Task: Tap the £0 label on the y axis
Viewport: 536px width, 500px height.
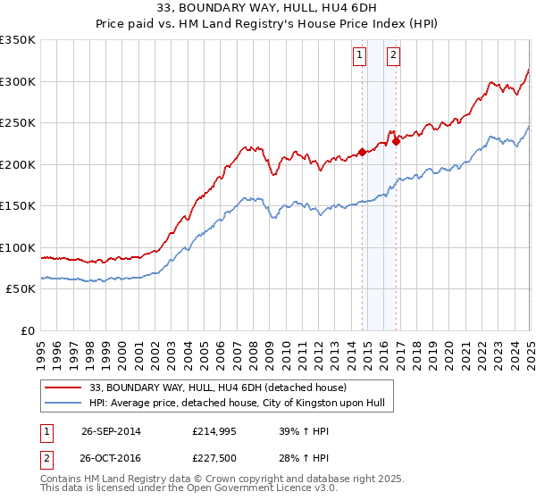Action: click(29, 330)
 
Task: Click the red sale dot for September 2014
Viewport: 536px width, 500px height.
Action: click(362, 152)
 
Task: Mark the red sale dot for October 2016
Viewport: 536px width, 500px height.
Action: click(396, 141)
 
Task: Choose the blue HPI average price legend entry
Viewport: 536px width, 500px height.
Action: click(237, 404)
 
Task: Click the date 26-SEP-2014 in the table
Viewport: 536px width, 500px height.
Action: click(111, 431)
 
